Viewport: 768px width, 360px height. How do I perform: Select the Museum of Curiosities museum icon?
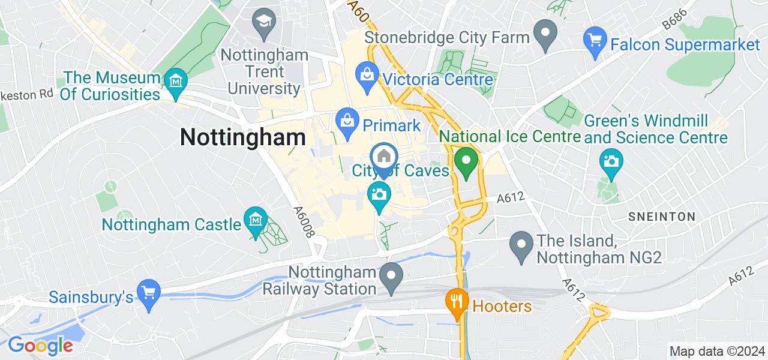(176, 80)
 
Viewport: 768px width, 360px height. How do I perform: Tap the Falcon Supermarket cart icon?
(594, 40)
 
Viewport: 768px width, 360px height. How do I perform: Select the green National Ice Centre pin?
(466, 160)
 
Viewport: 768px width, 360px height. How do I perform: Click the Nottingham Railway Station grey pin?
(392, 275)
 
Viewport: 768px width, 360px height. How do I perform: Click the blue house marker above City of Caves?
(383, 156)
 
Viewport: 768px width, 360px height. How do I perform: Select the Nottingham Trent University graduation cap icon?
(263, 22)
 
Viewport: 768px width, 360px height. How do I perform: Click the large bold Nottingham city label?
(243, 137)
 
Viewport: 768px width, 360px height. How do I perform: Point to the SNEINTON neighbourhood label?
(661, 217)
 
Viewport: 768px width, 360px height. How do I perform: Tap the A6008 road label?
(304, 221)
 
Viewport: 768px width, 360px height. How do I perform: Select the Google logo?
(40, 346)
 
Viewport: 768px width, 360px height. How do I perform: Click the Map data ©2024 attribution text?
(716, 351)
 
